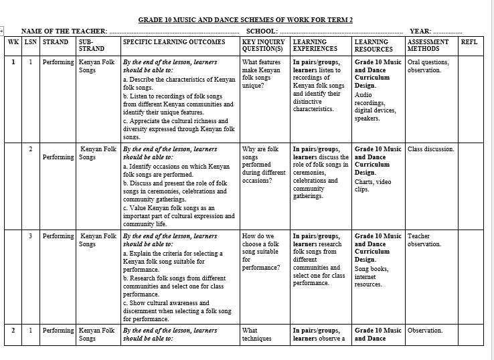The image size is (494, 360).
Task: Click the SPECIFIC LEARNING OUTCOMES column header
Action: click(174, 42)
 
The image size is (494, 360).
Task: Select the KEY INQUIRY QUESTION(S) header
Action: click(262, 46)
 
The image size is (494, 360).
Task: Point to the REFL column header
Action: click(469, 42)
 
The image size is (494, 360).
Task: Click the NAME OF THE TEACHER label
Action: click(64, 31)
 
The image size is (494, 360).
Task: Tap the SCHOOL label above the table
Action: click(262, 31)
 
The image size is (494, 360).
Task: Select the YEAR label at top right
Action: click(420, 31)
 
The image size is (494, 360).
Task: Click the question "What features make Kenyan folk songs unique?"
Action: click(261, 74)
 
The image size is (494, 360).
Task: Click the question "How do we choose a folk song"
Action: click(261, 252)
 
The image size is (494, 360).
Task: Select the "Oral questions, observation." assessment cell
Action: click(428, 66)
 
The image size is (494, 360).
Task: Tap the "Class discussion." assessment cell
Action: click(430, 149)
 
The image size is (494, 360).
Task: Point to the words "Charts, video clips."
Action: click(373, 185)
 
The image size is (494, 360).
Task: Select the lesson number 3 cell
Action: click(30, 236)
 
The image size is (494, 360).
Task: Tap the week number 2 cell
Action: click(13, 331)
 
